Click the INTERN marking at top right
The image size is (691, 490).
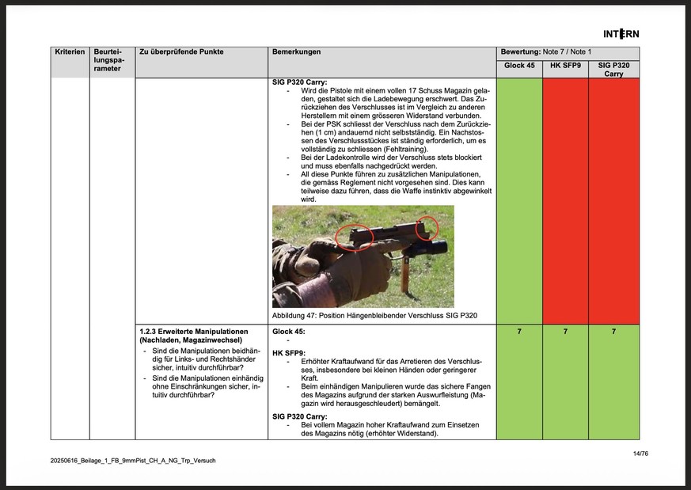tap(621, 33)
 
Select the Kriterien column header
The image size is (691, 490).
tap(70, 51)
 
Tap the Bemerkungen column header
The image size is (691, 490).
tap(296, 51)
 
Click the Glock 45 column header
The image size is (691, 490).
tap(519, 65)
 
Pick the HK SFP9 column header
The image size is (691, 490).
tap(565, 65)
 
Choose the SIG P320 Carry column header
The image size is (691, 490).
tap(613, 69)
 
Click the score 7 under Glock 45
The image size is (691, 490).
tap(519, 332)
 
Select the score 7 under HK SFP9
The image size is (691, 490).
tap(565, 332)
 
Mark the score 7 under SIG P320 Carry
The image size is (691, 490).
tap(613, 332)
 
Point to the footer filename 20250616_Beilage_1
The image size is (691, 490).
tap(132, 460)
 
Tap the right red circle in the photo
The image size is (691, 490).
tap(427, 227)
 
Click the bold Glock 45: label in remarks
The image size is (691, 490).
tap(288, 331)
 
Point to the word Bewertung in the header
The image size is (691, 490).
tap(520, 51)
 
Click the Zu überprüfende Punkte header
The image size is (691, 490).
tap(181, 51)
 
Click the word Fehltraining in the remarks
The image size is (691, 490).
tap(400, 150)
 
